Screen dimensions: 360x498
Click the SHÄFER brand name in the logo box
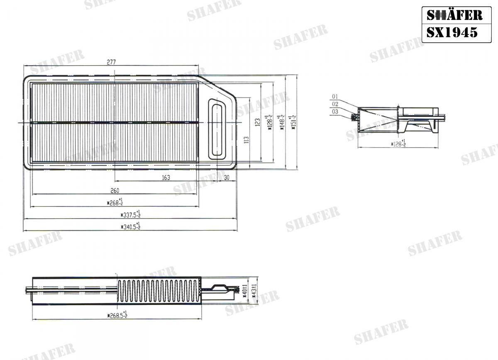(454, 15)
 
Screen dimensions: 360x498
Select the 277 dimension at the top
(111, 62)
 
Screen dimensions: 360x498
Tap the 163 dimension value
(166, 178)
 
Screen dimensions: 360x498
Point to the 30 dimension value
(227, 178)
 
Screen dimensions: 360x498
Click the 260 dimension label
(115, 190)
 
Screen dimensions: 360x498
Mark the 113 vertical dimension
(246, 140)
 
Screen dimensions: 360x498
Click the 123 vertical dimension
(257, 122)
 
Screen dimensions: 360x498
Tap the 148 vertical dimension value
(282, 123)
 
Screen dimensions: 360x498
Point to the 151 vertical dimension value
(294, 123)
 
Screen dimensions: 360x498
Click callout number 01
(335, 97)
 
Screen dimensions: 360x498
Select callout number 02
(335, 104)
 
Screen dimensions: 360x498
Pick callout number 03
(335, 112)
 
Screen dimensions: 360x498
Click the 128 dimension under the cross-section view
(398, 144)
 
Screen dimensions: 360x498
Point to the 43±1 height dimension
(256, 289)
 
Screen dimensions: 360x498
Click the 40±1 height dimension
(245, 290)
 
